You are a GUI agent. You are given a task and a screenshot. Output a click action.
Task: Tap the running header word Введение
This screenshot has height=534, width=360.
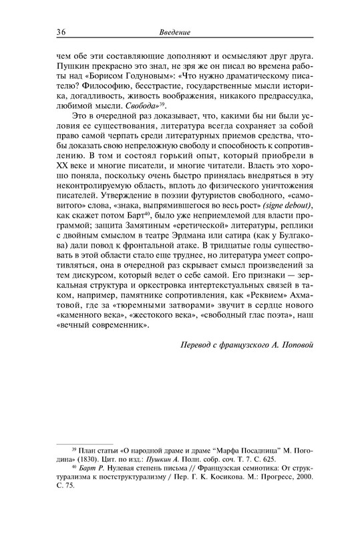coord(176,33)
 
